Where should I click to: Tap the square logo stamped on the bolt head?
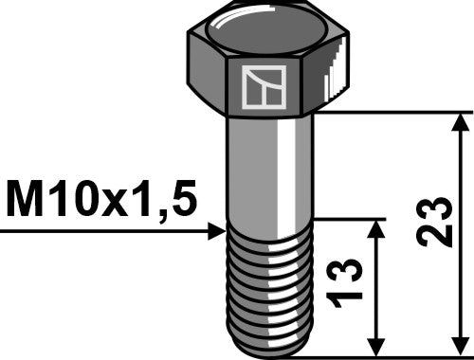tap(264, 87)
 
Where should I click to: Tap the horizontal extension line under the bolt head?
tap(398, 113)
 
